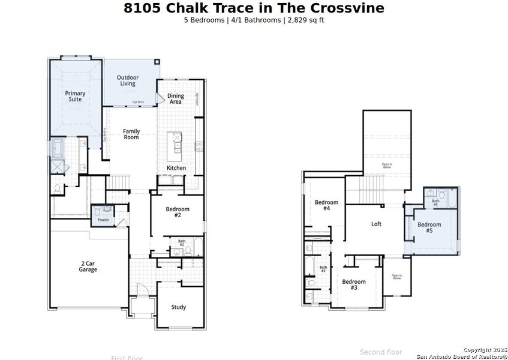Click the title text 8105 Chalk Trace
(x=254, y=8)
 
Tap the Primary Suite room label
(x=75, y=96)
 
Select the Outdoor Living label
(x=127, y=80)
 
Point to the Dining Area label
(x=175, y=98)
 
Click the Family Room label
(x=131, y=134)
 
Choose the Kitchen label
(x=176, y=168)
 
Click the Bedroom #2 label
(x=178, y=212)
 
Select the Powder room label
(x=103, y=220)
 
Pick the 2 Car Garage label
(x=88, y=266)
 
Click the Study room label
(x=178, y=307)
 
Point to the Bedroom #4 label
(x=326, y=205)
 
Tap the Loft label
(x=376, y=224)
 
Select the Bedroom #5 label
(x=429, y=227)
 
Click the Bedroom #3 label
(x=354, y=284)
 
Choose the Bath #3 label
(x=323, y=269)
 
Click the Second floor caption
(x=381, y=352)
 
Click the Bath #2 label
(x=182, y=243)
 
